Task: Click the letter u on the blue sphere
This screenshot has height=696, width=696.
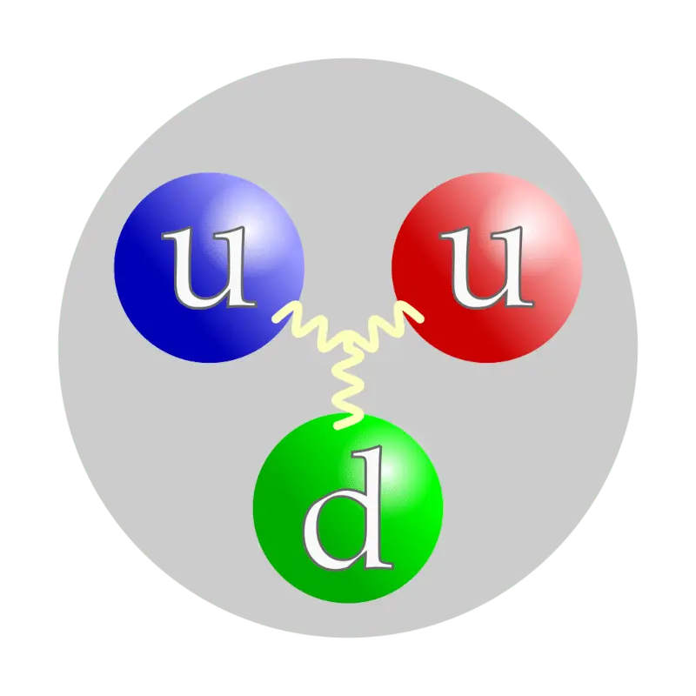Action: pyautogui.click(x=209, y=268)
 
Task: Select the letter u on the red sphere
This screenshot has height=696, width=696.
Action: pyautogui.click(x=485, y=268)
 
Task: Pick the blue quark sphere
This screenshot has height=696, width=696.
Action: pyautogui.click(x=209, y=268)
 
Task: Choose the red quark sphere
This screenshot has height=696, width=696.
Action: pyautogui.click(x=486, y=268)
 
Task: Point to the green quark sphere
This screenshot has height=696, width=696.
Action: pyautogui.click(x=348, y=508)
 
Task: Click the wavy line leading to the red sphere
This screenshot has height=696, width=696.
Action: pyautogui.click(x=391, y=324)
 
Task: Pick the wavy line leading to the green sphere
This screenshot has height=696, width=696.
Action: pyautogui.click(x=349, y=385)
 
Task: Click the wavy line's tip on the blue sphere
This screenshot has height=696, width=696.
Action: pyautogui.click(x=278, y=318)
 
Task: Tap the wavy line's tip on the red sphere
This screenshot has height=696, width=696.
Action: pyautogui.click(x=419, y=318)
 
